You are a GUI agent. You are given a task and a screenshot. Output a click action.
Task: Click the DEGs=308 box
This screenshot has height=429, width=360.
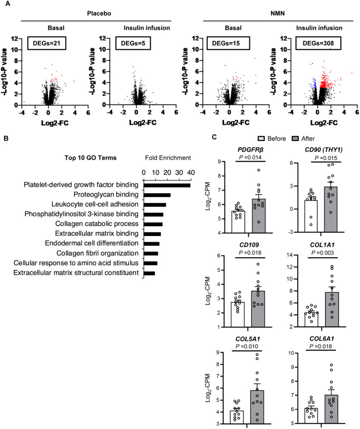point(318,43)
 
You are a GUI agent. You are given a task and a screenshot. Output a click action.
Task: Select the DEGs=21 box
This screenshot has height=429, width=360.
point(46,43)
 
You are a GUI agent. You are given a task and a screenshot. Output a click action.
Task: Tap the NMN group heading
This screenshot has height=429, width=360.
point(278,13)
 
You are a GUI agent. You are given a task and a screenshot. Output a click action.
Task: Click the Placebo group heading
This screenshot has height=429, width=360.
point(99,13)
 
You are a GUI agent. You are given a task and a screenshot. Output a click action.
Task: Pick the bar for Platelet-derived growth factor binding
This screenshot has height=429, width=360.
point(167,186)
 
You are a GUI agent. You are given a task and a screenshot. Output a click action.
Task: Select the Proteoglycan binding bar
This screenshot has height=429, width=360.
point(157,195)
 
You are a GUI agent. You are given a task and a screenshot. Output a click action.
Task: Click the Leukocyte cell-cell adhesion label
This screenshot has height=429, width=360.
point(95,204)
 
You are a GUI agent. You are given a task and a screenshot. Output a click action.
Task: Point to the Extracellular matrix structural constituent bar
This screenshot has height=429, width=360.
point(149,273)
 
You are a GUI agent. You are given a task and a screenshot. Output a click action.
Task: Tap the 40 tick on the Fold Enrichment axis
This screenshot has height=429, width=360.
point(191,173)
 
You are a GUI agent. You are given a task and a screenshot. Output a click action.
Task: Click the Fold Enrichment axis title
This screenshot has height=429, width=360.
point(168,158)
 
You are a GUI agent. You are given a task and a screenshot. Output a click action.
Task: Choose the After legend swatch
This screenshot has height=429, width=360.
point(295,138)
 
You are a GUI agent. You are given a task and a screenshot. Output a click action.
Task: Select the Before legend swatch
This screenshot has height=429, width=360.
point(261,138)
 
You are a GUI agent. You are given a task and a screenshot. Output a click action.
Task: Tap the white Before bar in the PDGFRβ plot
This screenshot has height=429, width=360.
point(238,222)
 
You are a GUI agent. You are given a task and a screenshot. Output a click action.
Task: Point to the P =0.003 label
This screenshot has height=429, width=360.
point(323,253)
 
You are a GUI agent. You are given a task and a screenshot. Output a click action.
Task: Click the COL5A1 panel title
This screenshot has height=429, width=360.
point(248,339)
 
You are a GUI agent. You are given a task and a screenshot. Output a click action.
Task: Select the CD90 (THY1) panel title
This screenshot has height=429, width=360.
point(324,150)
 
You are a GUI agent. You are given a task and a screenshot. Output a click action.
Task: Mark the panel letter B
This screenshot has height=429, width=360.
point(6,138)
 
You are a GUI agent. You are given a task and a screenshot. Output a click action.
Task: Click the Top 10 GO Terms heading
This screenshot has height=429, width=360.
point(90,158)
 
